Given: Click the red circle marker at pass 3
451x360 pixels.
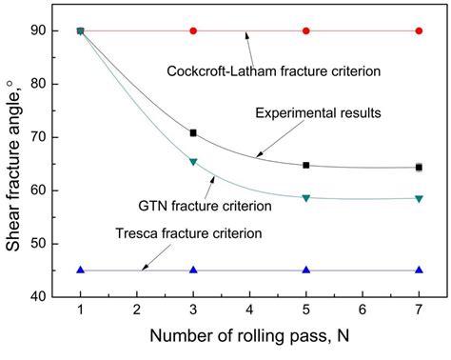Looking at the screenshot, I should (x=193, y=30).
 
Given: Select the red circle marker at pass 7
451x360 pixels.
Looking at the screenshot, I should (x=419, y=30).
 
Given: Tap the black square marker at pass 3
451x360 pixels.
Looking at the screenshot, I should (x=193, y=132).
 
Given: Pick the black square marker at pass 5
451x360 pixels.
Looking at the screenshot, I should (x=306, y=165).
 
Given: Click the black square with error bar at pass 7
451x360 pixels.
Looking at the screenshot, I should (x=419, y=168).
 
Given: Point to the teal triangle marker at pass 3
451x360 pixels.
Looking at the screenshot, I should (x=193, y=162).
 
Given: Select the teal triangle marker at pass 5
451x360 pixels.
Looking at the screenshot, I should (x=306, y=198).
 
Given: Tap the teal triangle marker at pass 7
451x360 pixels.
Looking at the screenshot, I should (x=419, y=199).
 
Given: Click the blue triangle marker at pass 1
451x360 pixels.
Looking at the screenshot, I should (x=81, y=270).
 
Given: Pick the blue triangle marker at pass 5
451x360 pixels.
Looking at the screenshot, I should (x=306, y=270).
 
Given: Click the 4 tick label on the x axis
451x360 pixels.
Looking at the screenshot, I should (x=249, y=310).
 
